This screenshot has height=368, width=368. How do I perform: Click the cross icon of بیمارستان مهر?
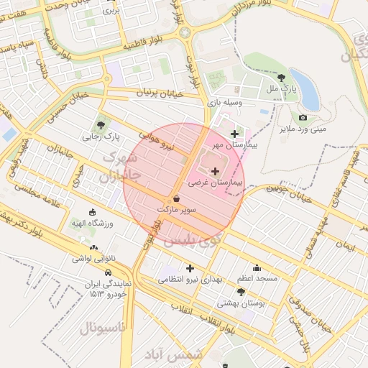[234, 134]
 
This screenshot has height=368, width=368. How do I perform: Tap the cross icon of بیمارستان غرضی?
[216, 171]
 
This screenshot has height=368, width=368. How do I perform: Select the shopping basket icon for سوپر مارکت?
[177, 198]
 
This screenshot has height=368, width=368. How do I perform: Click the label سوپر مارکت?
[177, 209]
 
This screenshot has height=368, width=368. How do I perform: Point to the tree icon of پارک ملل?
[280, 77]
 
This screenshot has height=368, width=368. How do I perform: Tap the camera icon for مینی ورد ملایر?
[303, 117]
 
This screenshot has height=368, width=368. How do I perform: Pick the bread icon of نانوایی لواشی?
[94, 249]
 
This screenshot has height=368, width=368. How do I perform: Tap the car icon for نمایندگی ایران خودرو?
[107, 273]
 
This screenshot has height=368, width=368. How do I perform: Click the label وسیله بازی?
[228, 103]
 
